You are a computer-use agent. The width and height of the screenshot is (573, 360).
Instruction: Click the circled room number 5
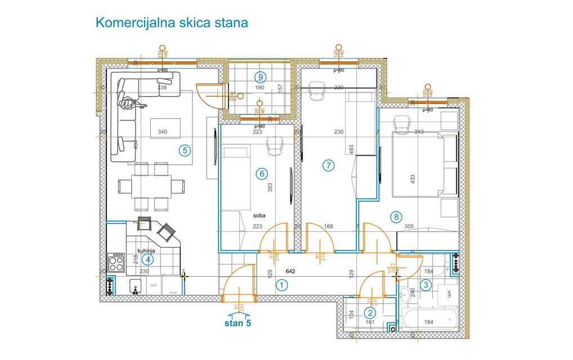pyautogui.click(x=184, y=150)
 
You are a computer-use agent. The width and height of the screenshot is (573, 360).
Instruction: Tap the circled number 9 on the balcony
pyautogui.click(x=260, y=76)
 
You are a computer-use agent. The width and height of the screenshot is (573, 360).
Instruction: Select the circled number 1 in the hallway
pyautogui.click(x=281, y=285)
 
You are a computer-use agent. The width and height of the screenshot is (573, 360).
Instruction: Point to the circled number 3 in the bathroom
pyautogui.click(x=426, y=285)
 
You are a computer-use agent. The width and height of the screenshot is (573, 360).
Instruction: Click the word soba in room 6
pyautogui.click(x=259, y=215)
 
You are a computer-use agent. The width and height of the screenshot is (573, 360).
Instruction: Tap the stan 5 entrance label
pyautogui.click(x=239, y=323)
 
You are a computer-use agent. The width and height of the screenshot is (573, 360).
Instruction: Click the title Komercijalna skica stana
pyautogui.click(x=172, y=23)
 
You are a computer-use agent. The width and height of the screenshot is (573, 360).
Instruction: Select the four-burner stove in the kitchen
pyautogui.click(x=116, y=263)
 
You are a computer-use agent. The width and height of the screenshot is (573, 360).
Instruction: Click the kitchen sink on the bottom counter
pyautogui.click(x=135, y=287)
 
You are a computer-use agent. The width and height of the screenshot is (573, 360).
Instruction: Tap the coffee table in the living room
pyautogui.click(x=165, y=128)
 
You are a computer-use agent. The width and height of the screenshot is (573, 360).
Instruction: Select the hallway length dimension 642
pyautogui.click(x=290, y=271)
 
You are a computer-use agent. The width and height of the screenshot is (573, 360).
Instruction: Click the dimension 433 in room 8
pyautogui.click(x=413, y=179)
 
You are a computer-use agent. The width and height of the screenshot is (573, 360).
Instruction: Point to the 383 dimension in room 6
pyautogui.click(x=270, y=187)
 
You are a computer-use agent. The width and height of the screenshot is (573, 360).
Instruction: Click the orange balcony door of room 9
pyautogui.click(x=209, y=94)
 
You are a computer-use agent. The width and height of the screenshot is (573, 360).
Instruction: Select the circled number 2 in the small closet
pyautogui.click(x=370, y=313)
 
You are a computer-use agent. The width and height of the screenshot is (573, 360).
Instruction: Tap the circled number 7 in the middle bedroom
pyautogui.click(x=329, y=165)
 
